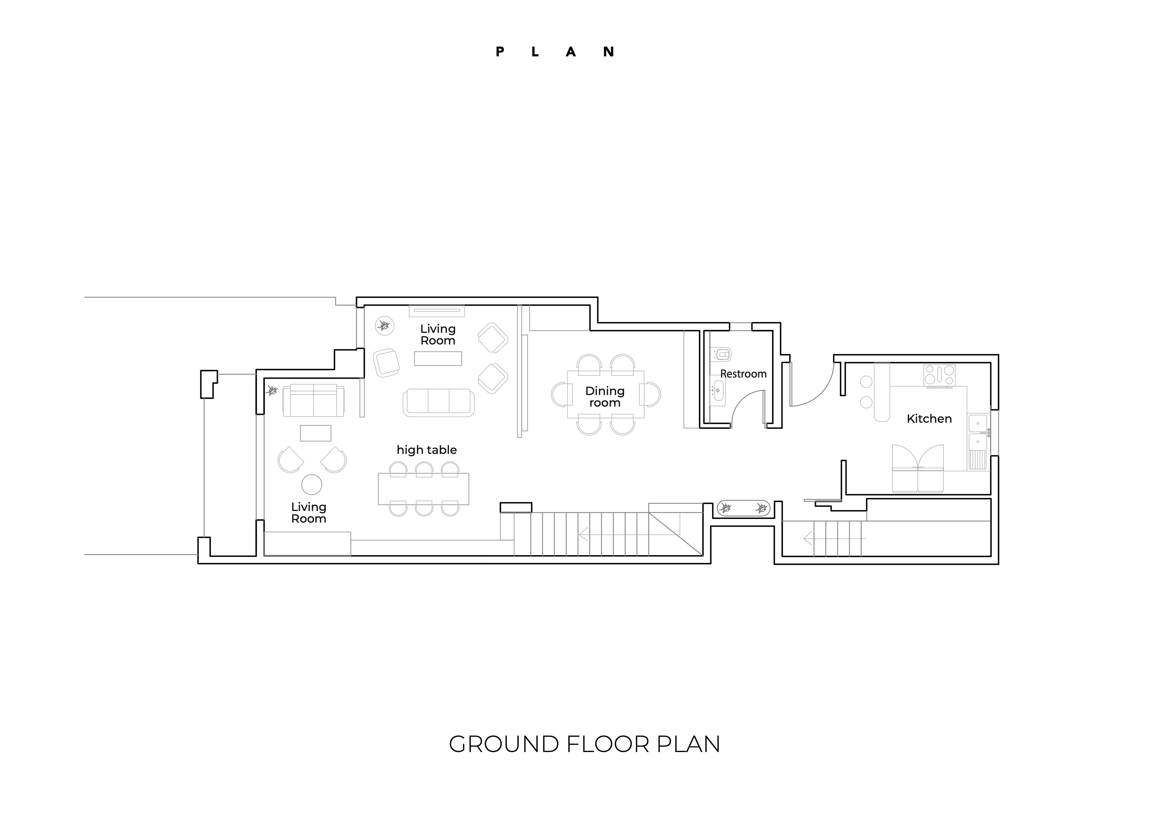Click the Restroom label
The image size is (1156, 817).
[743, 374]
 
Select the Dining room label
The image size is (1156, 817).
[605, 397]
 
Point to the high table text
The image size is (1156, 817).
[427, 450]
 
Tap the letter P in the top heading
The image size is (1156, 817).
[500, 52]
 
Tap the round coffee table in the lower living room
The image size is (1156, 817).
[312, 485]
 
